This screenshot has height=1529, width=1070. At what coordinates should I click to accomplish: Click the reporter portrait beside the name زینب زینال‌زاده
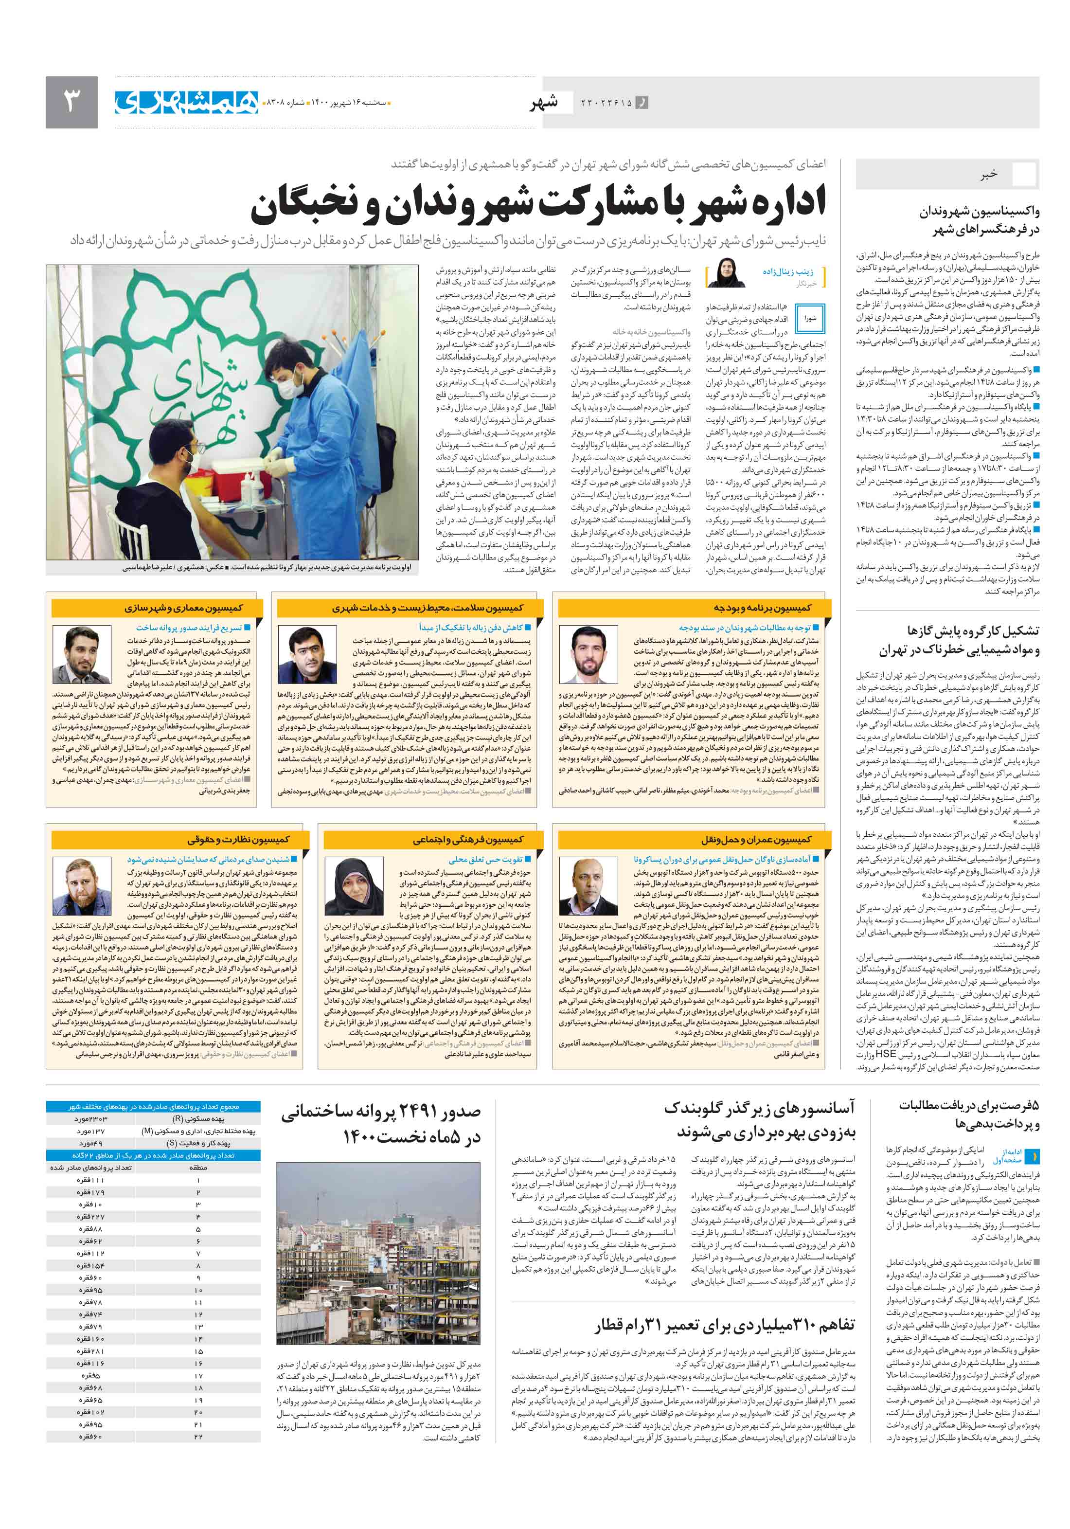[x=726, y=272]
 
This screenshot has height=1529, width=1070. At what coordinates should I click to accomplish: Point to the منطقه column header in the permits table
[x=198, y=1168]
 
